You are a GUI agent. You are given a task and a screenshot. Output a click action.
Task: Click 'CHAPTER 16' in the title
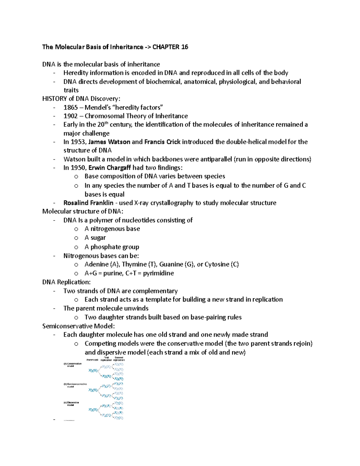click(170, 47)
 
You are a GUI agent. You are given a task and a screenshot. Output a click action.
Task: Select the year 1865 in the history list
click(70, 107)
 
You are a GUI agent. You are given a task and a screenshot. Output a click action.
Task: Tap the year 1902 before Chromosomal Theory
click(70, 116)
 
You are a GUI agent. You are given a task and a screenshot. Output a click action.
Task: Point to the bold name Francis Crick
click(162, 142)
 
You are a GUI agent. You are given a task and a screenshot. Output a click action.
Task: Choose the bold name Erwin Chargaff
click(110, 168)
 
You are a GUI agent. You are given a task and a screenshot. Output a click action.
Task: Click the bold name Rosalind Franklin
click(88, 203)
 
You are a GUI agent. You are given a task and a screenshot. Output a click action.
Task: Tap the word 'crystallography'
click(172, 203)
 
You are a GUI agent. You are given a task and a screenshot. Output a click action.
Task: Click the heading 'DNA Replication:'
click(66, 282)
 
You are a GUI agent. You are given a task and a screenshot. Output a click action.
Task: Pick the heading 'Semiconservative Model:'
click(79, 326)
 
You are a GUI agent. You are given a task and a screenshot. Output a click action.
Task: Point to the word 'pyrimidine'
click(158, 273)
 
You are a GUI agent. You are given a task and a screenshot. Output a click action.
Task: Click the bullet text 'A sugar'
click(95, 238)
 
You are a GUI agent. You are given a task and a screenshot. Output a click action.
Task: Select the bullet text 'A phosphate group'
click(112, 247)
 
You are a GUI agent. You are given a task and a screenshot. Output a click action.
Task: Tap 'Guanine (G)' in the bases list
click(176, 265)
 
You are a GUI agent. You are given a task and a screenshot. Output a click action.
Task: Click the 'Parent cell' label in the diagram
click(92, 360)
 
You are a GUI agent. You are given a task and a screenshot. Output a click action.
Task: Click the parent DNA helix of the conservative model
click(93, 371)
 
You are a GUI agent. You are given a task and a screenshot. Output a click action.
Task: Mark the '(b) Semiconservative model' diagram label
click(75, 385)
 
